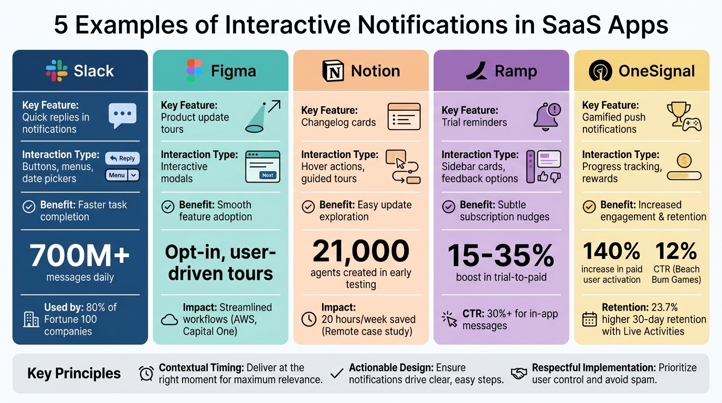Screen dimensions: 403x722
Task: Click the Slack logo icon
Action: pyautogui.click(x=57, y=71)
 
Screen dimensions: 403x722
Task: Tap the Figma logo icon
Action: pyautogui.click(x=194, y=71)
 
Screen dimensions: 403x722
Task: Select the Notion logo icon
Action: pyautogui.click(x=333, y=71)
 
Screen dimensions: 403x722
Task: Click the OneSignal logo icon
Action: pyautogui.click(x=600, y=71)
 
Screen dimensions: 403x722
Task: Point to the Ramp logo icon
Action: pyautogui.click(x=476, y=71)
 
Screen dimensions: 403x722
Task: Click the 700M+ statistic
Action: pyautogui.click(x=80, y=256)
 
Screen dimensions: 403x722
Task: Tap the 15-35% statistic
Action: pyautogui.click(x=501, y=256)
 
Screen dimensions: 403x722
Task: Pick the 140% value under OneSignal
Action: pyautogui.click(x=611, y=251)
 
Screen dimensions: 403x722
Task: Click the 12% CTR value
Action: pyautogui.click(x=676, y=251)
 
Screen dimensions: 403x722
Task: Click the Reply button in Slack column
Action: pyautogui.click(x=122, y=158)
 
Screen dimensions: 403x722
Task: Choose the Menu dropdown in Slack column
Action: pyautogui.click(x=122, y=175)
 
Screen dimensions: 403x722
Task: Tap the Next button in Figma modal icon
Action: pyautogui.click(x=268, y=175)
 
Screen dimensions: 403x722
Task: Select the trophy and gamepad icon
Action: pyautogui.click(x=684, y=116)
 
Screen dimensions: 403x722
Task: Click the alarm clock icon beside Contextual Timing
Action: pyautogui.click(x=146, y=374)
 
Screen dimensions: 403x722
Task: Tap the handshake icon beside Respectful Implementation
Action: pyautogui.click(x=519, y=374)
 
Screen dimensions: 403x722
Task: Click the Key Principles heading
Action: pyautogui.click(x=74, y=374)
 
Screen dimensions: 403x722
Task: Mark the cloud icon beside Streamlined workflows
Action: pyautogui.click(x=169, y=320)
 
